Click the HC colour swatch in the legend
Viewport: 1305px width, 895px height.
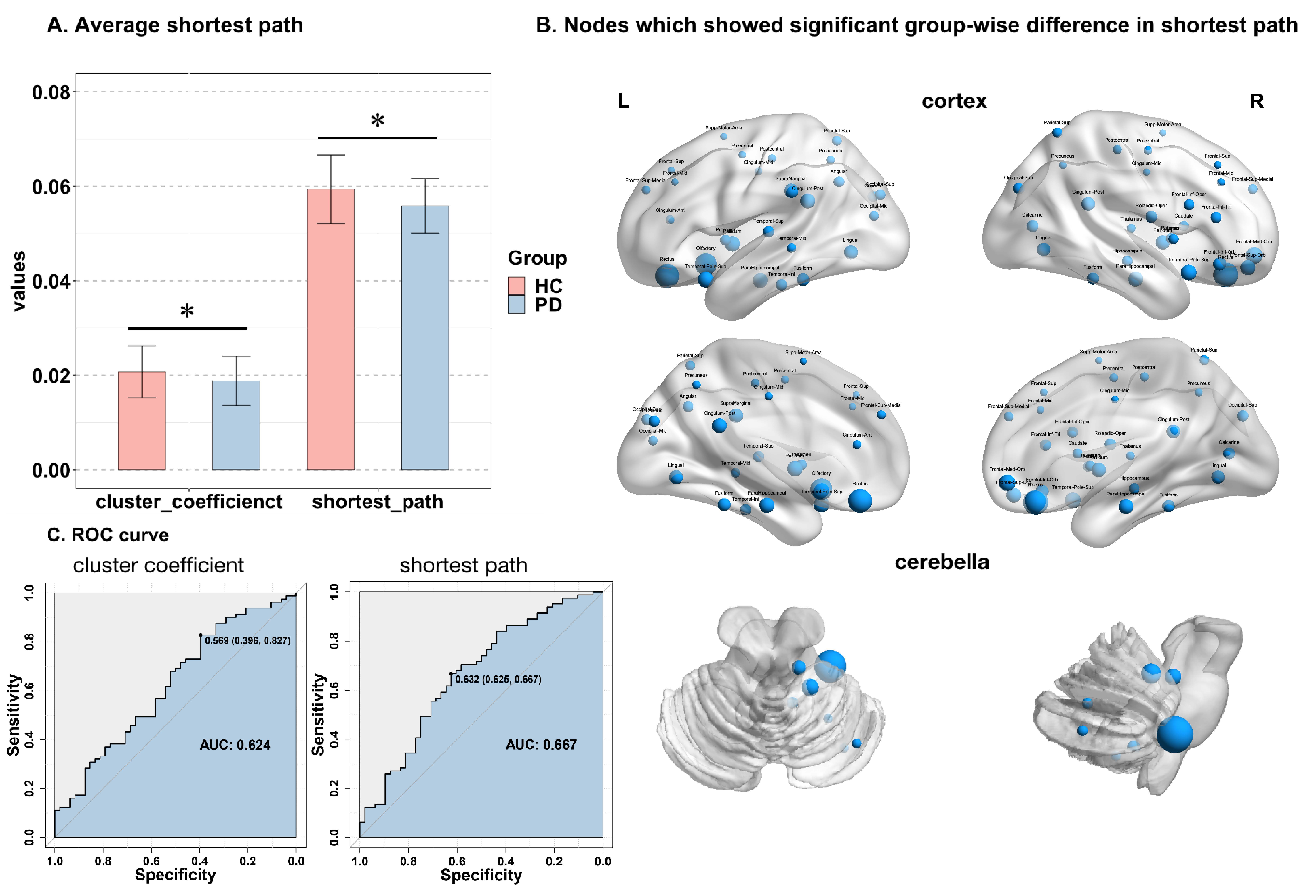[516, 286]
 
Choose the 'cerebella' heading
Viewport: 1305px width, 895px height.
[942, 562]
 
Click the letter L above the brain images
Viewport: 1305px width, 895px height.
[623, 101]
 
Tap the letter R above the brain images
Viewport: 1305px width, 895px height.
[1257, 102]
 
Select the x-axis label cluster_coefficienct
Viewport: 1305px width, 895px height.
[189, 501]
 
